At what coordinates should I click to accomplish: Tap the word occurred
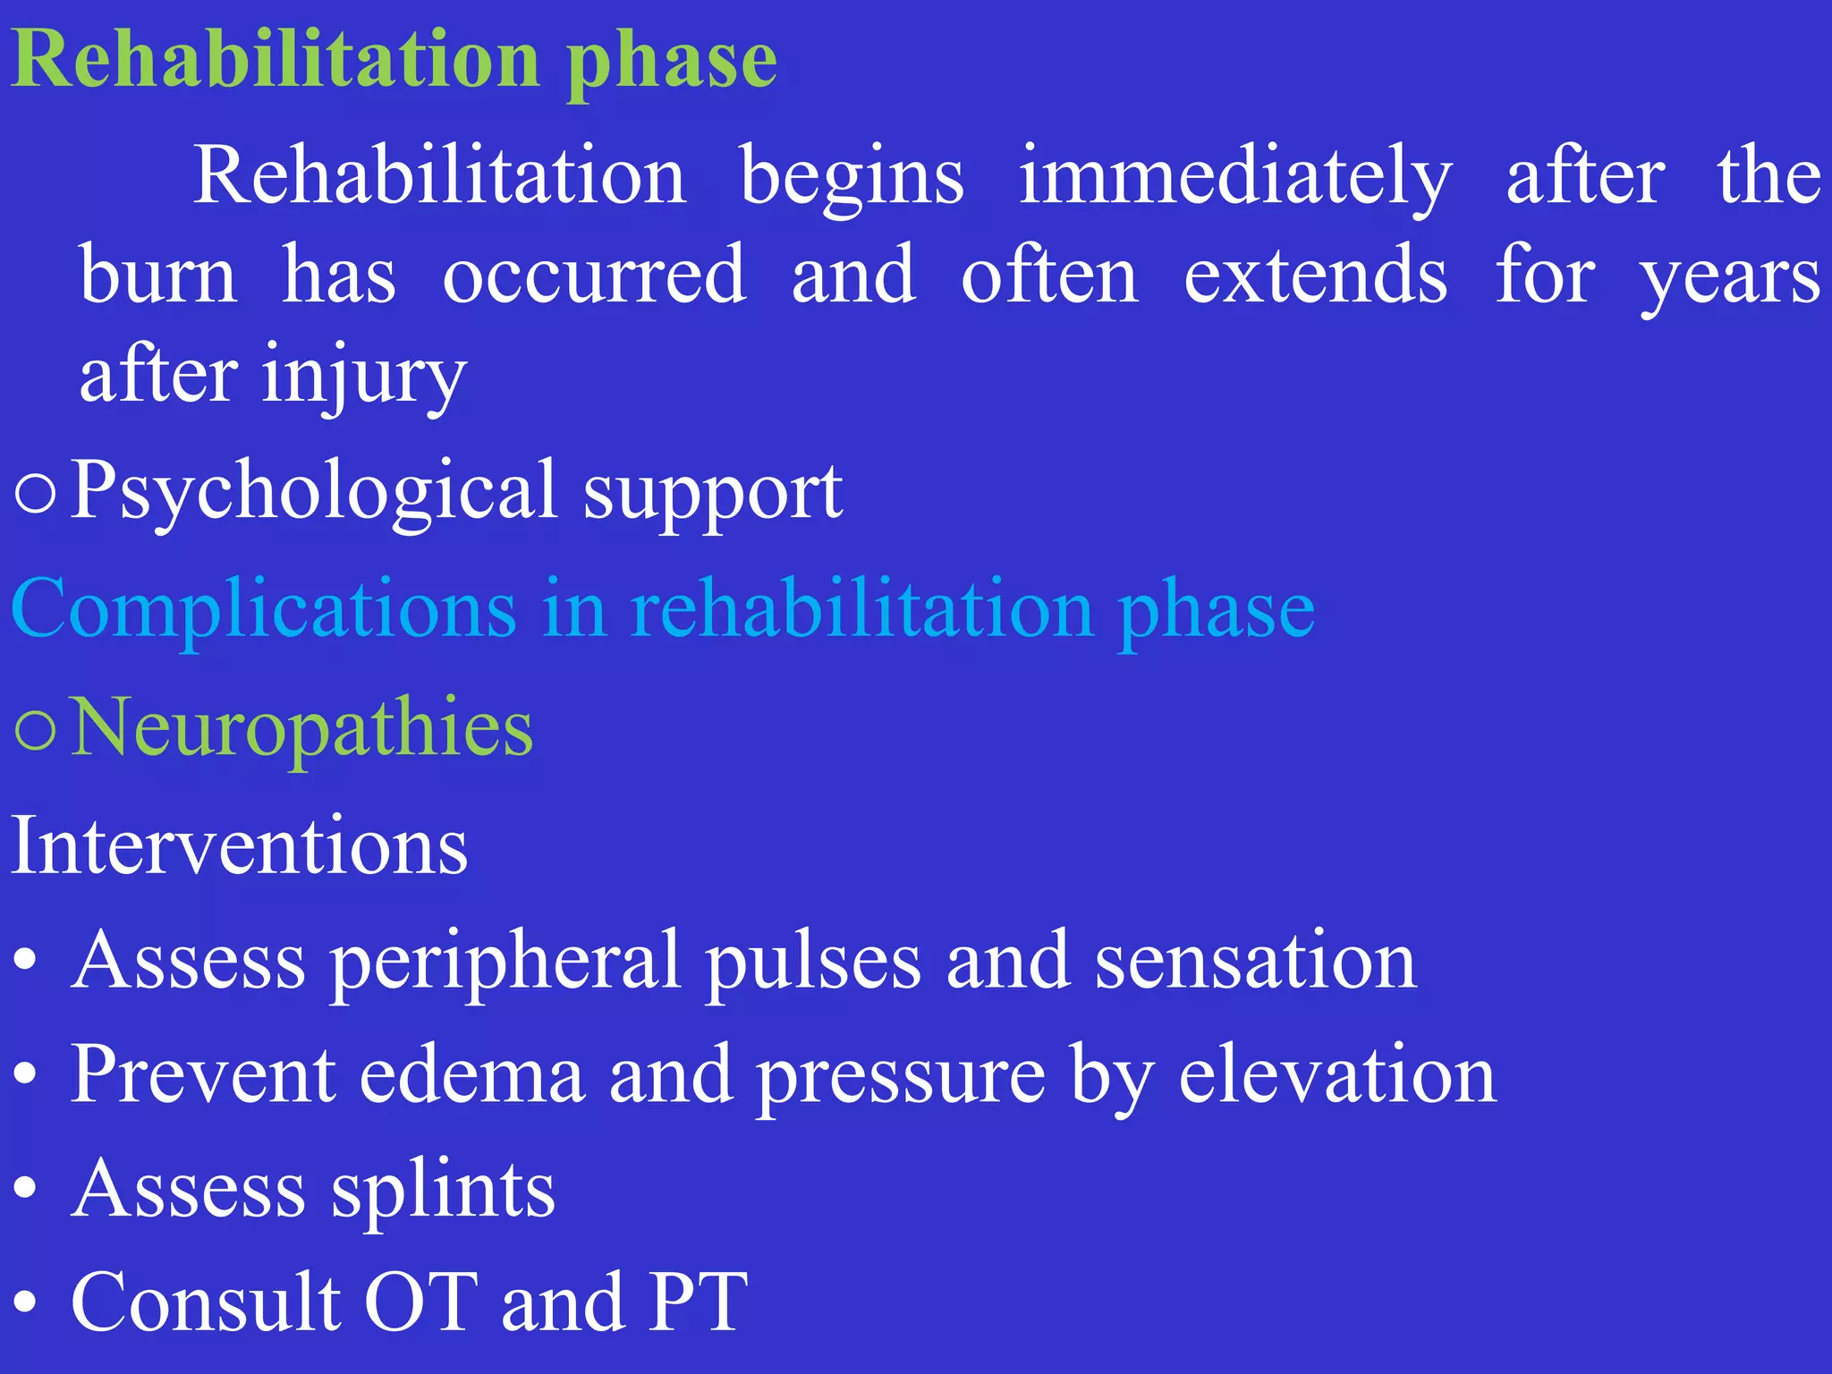pyautogui.click(x=594, y=276)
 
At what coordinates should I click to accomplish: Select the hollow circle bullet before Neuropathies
pyautogui.click(x=36, y=730)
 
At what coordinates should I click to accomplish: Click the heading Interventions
pyautogui.click(x=239, y=845)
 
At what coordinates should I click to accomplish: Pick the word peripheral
pyautogui.click(x=505, y=963)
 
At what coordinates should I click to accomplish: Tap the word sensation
pyautogui.click(x=1255, y=961)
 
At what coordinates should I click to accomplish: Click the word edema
pyautogui.click(x=472, y=1075)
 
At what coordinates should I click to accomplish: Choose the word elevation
pyautogui.click(x=1336, y=1075)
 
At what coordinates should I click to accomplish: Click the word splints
pyautogui.click(x=443, y=1192)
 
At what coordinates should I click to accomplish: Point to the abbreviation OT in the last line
pyautogui.click(x=420, y=1302)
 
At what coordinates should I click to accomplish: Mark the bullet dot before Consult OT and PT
pyautogui.click(x=26, y=1304)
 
